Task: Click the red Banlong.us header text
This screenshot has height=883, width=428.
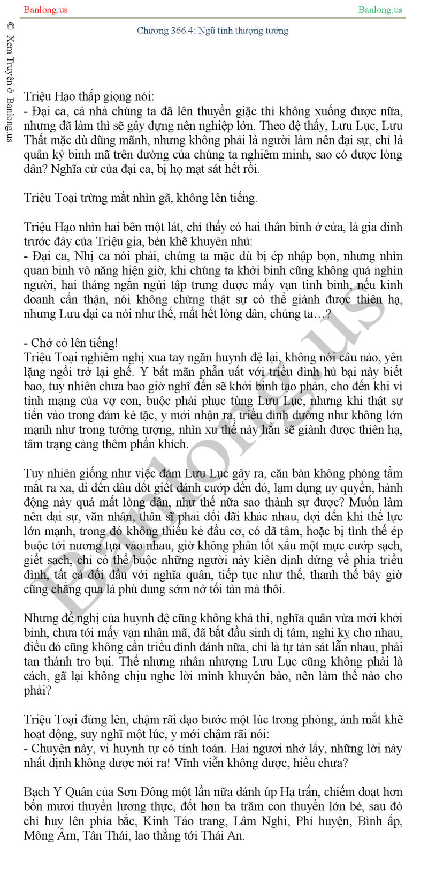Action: click(x=45, y=10)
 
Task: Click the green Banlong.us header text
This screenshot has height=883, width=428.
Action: click(x=380, y=10)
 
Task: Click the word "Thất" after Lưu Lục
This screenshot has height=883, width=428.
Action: click(x=37, y=140)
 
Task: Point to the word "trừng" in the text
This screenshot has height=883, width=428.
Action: click(x=95, y=198)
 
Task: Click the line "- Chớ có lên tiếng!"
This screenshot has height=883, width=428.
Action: click(x=71, y=343)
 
